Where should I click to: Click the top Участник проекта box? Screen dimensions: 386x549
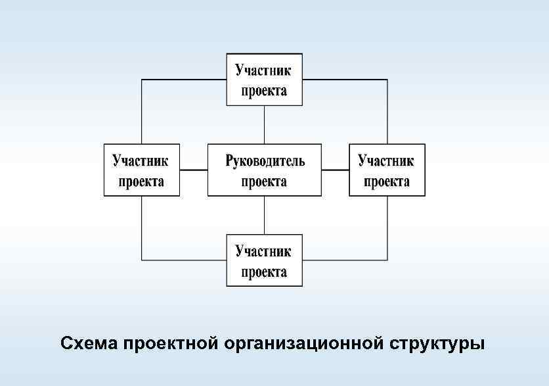pyautogui.click(x=265, y=80)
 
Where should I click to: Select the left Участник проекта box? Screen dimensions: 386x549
pyautogui.click(x=142, y=170)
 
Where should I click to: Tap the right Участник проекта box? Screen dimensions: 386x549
pyautogui.click(x=387, y=170)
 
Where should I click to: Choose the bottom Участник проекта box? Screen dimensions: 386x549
pyautogui.click(x=265, y=260)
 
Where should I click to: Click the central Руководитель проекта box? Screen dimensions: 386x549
pyautogui.click(x=265, y=170)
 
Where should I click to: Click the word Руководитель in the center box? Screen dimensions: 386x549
pyautogui.click(x=265, y=160)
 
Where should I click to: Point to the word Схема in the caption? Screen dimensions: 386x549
pyautogui.click(x=88, y=344)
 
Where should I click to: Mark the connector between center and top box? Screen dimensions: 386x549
pyautogui.click(x=265, y=124)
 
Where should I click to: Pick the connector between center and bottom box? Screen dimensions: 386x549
pyautogui.click(x=265, y=215)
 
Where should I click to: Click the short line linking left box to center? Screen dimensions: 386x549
pyautogui.click(x=194, y=170)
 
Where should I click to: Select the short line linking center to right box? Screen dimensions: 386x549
pyautogui.click(x=335, y=170)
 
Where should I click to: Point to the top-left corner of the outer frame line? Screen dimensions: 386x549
pyautogui.click(x=142, y=80)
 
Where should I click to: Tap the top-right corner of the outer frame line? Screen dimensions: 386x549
pyautogui.click(x=387, y=80)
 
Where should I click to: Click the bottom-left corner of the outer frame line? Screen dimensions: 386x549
pyautogui.click(x=142, y=260)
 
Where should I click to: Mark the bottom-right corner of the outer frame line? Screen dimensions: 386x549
pyautogui.click(x=387, y=260)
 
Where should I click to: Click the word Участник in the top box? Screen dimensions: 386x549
pyautogui.click(x=265, y=70)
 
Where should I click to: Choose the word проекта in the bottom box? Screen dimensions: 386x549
pyautogui.click(x=265, y=272)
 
